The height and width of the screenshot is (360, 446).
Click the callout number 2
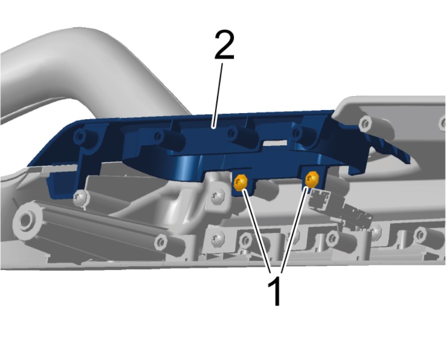coord(225,45)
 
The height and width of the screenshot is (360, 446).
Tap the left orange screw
coord(241,182)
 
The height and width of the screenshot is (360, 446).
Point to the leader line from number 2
coord(217,95)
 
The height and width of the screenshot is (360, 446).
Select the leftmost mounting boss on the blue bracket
coord(81,137)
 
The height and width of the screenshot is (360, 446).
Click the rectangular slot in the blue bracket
coord(275,142)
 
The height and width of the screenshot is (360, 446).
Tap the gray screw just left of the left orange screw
coord(217,196)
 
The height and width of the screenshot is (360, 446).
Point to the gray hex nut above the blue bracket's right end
coord(366,124)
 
